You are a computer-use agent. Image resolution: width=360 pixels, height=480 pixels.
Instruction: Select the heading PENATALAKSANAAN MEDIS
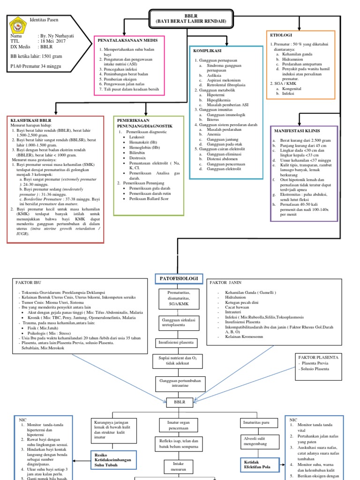click(x=127, y=40)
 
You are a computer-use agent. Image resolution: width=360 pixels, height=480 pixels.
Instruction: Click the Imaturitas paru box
click(x=256, y=422)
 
